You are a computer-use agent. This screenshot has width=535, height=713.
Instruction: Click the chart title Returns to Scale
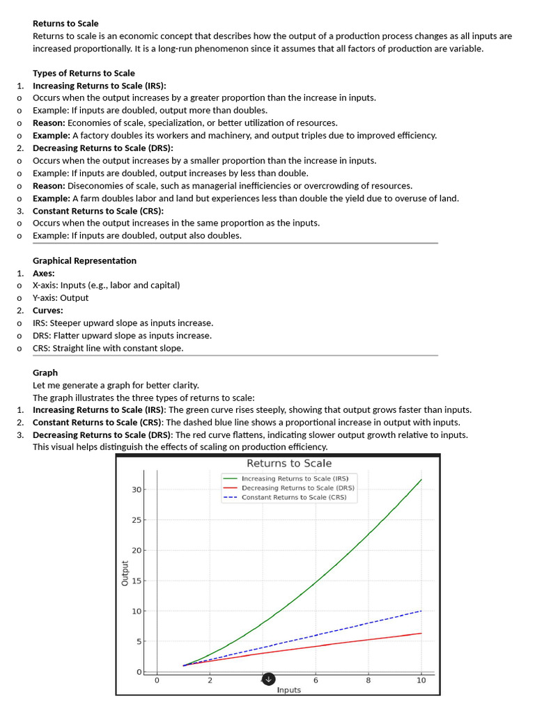click(x=289, y=464)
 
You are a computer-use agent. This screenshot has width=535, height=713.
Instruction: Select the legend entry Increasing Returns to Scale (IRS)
click(x=295, y=478)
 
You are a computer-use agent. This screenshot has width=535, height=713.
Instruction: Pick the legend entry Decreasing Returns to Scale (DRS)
click(x=297, y=488)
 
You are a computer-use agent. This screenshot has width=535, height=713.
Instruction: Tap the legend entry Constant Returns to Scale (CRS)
click(x=294, y=497)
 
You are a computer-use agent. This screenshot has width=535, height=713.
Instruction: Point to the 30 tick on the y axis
click(x=137, y=489)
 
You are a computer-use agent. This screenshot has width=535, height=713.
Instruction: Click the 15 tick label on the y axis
click(x=137, y=581)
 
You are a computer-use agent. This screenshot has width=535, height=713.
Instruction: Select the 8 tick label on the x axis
click(x=369, y=680)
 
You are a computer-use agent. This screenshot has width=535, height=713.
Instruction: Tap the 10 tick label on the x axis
click(x=421, y=680)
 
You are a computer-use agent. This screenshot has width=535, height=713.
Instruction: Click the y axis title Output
click(x=125, y=572)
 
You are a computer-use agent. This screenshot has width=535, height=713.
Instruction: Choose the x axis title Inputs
click(x=289, y=690)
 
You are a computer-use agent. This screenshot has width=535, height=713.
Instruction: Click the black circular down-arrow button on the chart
click(x=269, y=679)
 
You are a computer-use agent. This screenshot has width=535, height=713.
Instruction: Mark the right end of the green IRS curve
click(x=421, y=480)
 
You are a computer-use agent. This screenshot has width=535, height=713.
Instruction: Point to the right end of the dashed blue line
click(x=421, y=611)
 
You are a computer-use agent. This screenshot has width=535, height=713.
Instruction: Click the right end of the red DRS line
click(x=421, y=633)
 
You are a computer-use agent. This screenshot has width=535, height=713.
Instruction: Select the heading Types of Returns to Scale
click(x=84, y=73)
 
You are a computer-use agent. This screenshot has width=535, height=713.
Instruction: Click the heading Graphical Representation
click(x=84, y=260)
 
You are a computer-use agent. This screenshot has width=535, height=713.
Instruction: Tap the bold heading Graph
click(x=45, y=373)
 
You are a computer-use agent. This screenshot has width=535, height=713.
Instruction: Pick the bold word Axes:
click(x=44, y=273)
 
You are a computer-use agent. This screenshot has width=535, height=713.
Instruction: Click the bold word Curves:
click(x=48, y=311)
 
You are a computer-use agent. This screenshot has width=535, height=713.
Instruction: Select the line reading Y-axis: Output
click(x=61, y=298)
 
